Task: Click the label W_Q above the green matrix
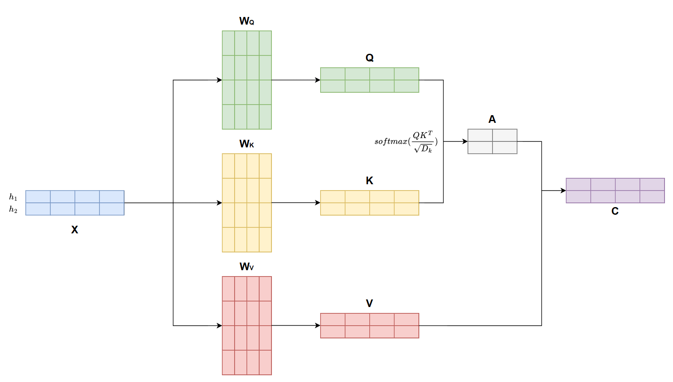(x=246, y=21)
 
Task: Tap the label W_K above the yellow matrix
(x=246, y=144)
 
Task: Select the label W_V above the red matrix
(x=246, y=267)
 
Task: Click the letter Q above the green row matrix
(x=369, y=58)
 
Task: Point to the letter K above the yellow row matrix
(x=369, y=181)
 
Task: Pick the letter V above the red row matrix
(x=369, y=304)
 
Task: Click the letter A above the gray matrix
(x=492, y=119)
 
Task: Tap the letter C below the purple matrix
(x=615, y=211)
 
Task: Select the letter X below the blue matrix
(x=75, y=230)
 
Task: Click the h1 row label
(x=13, y=197)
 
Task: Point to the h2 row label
(x=13, y=210)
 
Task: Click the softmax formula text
(x=406, y=141)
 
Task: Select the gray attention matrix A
(x=492, y=141)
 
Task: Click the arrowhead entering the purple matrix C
(x=563, y=191)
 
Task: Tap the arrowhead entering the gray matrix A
(x=465, y=141)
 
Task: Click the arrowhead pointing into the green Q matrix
(x=318, y=80)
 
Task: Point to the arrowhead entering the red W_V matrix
(x=219, y=326)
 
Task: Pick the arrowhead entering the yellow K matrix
(x=318, y=203)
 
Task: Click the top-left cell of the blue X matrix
(x=38, y=197)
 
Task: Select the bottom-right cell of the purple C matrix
(x=652, y=197)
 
